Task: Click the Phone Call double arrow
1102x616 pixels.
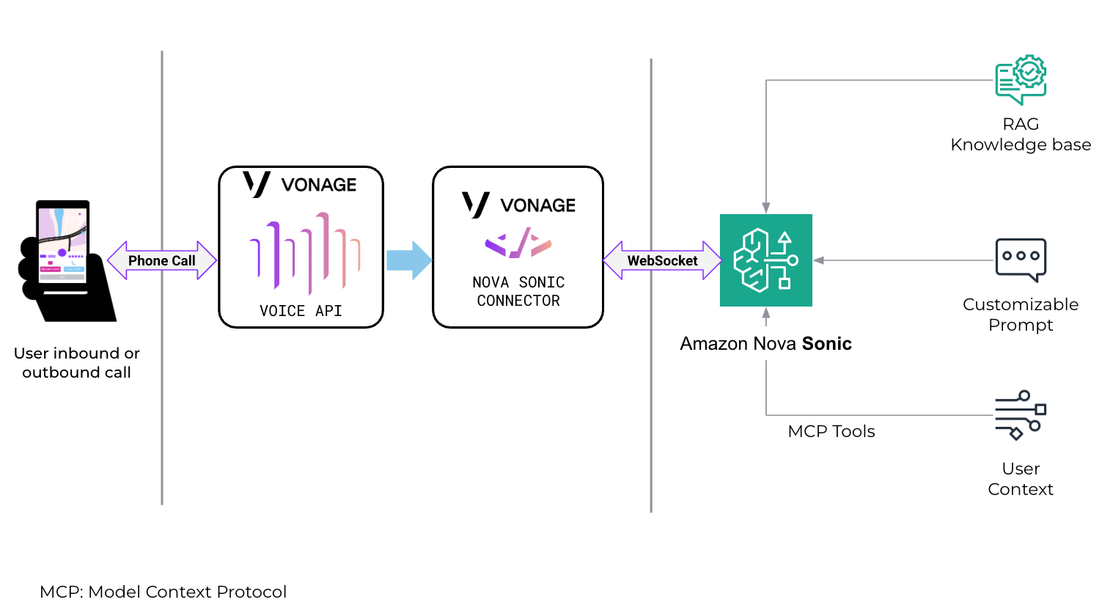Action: click(x=162, y=260)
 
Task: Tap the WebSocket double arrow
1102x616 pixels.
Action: click(x=662, y=260)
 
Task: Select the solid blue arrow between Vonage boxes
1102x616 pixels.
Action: click(x=409, y=260)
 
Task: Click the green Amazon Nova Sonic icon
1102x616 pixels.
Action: click(x=765, y=260)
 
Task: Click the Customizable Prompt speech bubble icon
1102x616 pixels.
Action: click(x=1020, y=260)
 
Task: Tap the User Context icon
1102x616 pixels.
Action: click(x=1020, y=415)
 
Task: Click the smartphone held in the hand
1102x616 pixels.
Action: click(x=63, y=246)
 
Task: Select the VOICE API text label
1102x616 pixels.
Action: click(x=301, y=311)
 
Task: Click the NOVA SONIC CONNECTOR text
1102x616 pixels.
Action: click(x=518, y=291)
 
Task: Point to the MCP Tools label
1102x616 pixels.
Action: click(x=831, y=431)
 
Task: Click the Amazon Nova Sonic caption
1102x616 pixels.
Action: click(x=765, y=344)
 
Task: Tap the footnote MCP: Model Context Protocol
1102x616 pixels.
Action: click(x=163, y=592)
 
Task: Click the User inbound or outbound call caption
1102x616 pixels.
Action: click(x=76, y=363)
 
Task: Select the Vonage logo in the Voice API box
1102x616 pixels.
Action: click(x=300, y=184)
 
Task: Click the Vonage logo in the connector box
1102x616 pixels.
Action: click(x=518, y=205)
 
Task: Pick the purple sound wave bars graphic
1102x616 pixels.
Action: click(x=304, y=254)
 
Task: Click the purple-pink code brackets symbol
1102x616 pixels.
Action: click(x=518, y=243)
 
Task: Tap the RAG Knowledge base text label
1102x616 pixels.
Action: click(x=1020, y=134)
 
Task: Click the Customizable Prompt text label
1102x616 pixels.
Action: click(x=1020, y=315)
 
